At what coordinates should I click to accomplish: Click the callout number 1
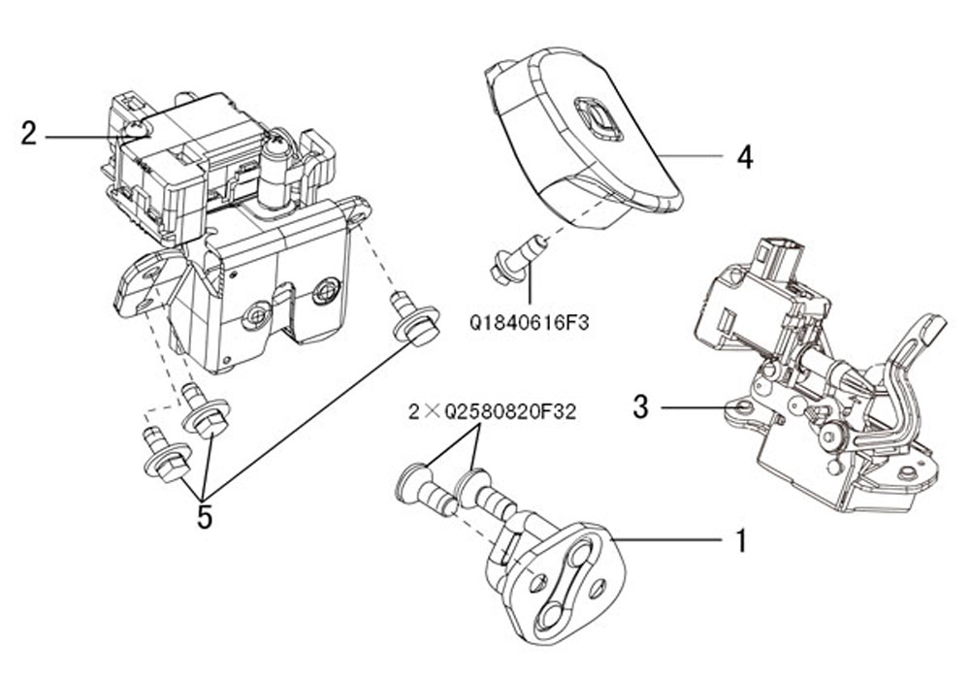click(x=741, y=540)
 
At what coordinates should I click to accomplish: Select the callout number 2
click(x=29, y=134)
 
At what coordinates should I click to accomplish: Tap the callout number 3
click(x=640, y=406)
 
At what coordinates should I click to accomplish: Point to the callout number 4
click(x=744, y=157)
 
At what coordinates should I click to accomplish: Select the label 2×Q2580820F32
click(x=492, y=412)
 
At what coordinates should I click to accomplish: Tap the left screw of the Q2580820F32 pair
click(x=424, y=490)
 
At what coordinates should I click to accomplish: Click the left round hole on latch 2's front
click(x=257, y=313)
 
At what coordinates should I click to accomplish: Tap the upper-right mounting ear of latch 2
click(x=356, y=207)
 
